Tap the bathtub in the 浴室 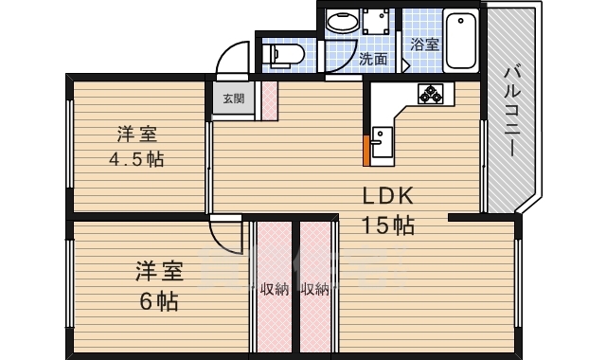(461, 40)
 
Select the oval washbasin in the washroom (343, 21)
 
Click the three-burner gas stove (430, 94)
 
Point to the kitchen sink (382, 142)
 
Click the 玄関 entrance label (234, 99)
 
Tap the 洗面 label (373, 59)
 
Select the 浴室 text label (424, 45)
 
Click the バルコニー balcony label (512, 112)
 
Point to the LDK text (388, 196)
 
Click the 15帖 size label (388, 225)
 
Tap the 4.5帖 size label (136, 159)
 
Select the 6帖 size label (159, 301)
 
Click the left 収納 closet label (275, 289)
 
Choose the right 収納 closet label (315, 289)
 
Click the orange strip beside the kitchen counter (366, 151)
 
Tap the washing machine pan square (375, 21)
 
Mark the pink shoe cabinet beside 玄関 (269, 100)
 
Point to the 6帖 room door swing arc (224, 240)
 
